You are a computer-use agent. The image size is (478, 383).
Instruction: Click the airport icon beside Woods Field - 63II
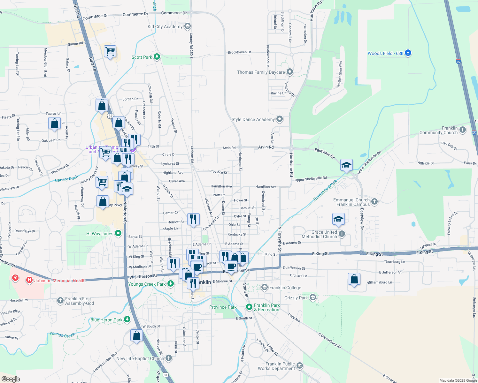pyautogui.click(x=408, y=53)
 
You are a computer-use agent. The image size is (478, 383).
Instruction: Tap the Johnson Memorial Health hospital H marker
pyautogui.click(x=29, y=280)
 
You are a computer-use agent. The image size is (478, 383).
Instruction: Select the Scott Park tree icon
pyautogui.click(x=157, y=57)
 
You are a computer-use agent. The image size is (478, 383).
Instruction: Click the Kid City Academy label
pyautogui.click(x=165, y=26)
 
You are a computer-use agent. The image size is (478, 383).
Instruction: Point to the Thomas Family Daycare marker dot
pyautogui.click(x=290, y=72)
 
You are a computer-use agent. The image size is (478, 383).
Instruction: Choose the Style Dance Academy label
pyautogui.click(x=253, y=119)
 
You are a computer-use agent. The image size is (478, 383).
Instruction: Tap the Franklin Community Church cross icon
pyautogui.click(x=463, y=130)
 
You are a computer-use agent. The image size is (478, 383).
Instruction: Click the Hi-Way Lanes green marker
pyautogui.click(x=118, y=234)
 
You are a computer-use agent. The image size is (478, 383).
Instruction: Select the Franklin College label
pyautogui.click(x=285, y=288)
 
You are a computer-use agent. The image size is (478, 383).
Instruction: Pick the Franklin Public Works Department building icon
pyautogui.click(x=299, y=365)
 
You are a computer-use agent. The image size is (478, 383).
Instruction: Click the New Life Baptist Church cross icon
pyautogui.click(x=168, y=358)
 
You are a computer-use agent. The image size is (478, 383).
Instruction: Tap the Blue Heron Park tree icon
pyautogui.click(x=127, y=319)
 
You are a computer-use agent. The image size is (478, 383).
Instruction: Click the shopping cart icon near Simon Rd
pyautogui.click(x=110, y=51)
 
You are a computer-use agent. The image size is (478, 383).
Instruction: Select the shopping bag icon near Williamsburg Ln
pyautogui.click(x=354, y=279)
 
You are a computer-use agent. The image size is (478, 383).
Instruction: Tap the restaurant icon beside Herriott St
pyautogui.click(x=193, y=219)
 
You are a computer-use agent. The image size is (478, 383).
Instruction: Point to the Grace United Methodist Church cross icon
pyautogui.click(x=342, y=234)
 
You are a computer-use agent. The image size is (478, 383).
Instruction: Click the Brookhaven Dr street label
pyautogui.click(x=239, y=52)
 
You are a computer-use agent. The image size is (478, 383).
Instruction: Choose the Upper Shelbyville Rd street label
pyautogui.click(x=311, y=179)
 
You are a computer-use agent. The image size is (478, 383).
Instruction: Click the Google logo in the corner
pyautogui.click(x=11, y=379)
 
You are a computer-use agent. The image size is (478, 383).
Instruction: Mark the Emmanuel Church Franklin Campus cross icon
pyautogui.click(x=374, y=201)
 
